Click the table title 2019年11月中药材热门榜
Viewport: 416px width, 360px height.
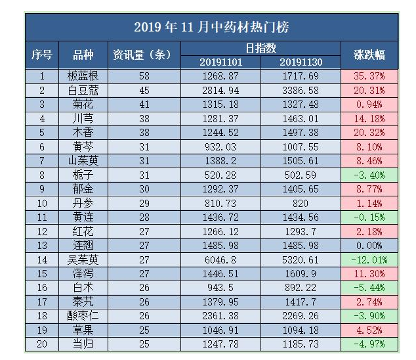click(211, 27)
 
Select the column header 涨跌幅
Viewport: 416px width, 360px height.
click(369, 55)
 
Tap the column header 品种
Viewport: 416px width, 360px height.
click(83, 55)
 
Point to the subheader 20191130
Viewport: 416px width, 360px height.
click(300, 62)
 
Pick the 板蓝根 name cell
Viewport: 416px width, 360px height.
click(83, 76)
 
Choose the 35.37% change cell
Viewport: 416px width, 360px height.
click(369, 76)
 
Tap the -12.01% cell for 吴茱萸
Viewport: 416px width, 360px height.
click(369, 259)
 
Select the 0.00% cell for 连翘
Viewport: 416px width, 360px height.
click(369, 245)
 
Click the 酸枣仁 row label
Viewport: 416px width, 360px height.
click(83, 315)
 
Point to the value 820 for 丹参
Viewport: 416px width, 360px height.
click(300, 203)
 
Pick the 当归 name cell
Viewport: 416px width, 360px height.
click(83, 344)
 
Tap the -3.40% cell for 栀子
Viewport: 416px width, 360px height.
click(369, 175)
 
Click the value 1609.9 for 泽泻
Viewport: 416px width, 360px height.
click(300, 273)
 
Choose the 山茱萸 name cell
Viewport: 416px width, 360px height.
click(83, 160)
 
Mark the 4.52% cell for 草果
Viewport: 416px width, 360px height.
click(369, 329)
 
